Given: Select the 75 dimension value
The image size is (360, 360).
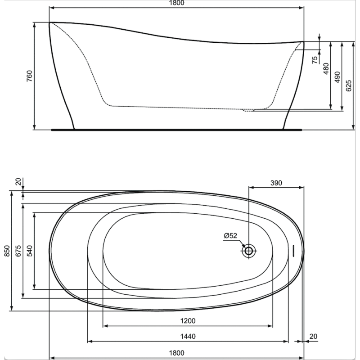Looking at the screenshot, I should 315,58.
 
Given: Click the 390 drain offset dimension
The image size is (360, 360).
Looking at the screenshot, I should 276,183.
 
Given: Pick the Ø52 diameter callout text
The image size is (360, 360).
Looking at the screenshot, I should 230,236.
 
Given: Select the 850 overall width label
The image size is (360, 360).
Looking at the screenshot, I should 7,251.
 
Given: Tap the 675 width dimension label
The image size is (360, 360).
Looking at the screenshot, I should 18,251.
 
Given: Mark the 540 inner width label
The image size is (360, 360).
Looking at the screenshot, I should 30,251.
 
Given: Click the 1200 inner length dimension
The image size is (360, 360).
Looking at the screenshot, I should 188,320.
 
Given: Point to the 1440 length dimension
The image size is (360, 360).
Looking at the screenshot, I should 188,336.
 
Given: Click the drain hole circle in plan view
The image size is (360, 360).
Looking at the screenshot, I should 248,251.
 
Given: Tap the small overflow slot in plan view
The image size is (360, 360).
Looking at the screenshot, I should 293,251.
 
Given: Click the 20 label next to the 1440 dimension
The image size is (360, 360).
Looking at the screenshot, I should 313,336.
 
